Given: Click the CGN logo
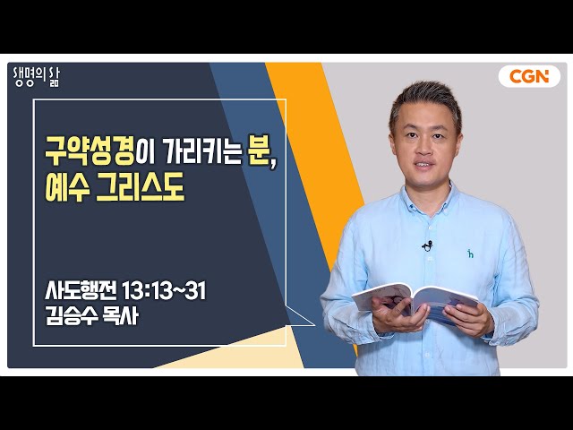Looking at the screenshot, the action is (x=529, y=76).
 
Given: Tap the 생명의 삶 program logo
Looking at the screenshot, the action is (x=36, y=78).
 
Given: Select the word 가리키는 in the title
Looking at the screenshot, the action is (x=202, y=151).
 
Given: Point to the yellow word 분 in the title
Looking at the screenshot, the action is (x=257, y=151).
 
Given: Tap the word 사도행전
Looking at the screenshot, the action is (x=81, y=290).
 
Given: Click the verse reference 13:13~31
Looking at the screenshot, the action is (x=163, y=290).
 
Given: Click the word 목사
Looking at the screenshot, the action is (x=121, y=315).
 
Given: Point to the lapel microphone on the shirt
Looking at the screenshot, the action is (x=427, y=245).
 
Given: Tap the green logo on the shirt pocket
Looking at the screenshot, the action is (x=470, y=253).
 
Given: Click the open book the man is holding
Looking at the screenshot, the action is (x=415, y=302).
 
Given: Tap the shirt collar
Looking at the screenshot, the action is (x=432, y=199).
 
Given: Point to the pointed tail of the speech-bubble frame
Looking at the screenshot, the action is (x=314, y=324).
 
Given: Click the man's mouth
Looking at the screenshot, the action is (x=423, y=165).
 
